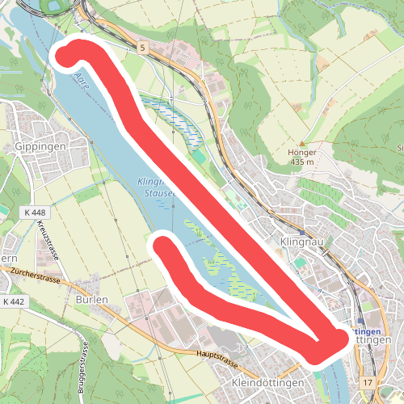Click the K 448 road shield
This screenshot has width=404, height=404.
point(35,213)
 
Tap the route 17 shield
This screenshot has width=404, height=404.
point(368,381)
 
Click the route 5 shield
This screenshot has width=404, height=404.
point(142,49)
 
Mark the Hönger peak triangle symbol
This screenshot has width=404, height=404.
point(301,143)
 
